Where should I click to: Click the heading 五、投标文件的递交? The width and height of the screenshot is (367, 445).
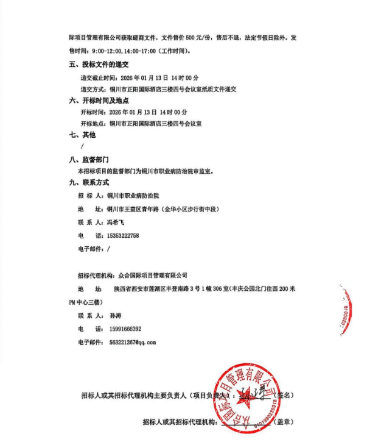tap(99, 65)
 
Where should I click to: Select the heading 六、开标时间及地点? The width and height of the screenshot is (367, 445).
tap(99, 101)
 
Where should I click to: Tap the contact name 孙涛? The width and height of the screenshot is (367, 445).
tap(113, 316)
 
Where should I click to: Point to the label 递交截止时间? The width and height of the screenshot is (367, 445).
tap(97, 77)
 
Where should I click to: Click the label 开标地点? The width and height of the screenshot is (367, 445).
tap(93, 124)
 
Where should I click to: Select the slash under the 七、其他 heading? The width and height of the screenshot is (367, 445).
tap(82, 147)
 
